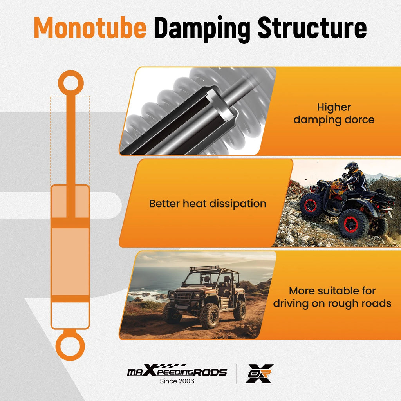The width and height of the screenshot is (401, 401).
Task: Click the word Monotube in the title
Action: point(90,28)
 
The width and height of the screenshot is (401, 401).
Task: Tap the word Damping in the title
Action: point(202,29)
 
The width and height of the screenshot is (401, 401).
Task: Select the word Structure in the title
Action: point(312,28)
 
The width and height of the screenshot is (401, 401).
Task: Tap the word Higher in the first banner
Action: point(334,107)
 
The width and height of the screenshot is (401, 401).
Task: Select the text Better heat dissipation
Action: point(208,204)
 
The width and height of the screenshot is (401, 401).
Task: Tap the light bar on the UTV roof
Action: point(204,268)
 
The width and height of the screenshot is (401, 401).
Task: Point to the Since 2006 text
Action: point(177,381)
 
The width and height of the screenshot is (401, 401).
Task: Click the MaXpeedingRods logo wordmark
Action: point(177,370)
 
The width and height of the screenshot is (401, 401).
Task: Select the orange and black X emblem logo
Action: point(259,374)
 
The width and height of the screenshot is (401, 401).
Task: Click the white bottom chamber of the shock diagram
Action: point(70,315)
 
